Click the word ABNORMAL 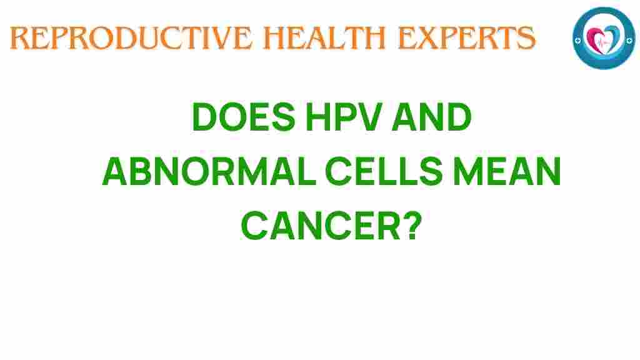[x=200, y=172]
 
